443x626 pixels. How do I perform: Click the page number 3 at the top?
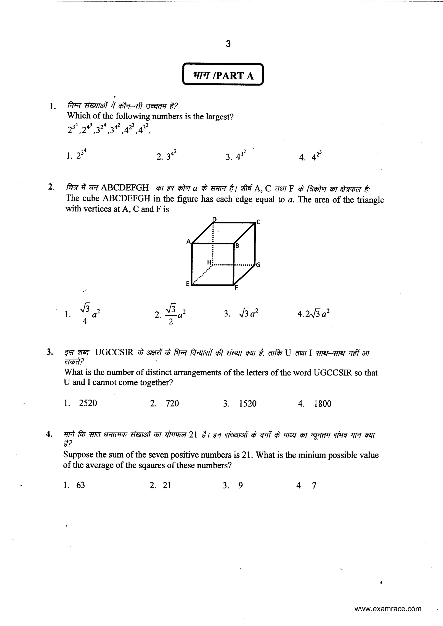click(228, 44)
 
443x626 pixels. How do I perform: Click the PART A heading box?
click(223, 74)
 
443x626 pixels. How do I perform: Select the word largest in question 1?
click(219, 117)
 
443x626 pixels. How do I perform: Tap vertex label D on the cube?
click(214, 219)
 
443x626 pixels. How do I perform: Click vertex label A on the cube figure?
click(188, 241)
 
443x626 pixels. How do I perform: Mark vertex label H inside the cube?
click(209, 262)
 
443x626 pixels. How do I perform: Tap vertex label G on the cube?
click(258, 265)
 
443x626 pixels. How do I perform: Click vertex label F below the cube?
click(236, 288)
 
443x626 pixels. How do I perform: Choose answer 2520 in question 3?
click(88, 403)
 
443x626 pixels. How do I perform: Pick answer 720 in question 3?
click(172, 403)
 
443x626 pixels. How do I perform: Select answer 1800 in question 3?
click(323, 404)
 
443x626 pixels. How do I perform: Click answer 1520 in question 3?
click(248, 404)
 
